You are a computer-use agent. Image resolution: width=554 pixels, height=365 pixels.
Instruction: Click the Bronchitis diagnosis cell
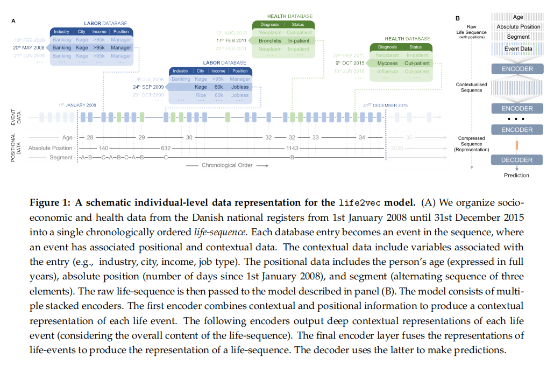[x=270, y=40]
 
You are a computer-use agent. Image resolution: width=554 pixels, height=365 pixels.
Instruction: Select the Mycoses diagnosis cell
[x=387, y=63]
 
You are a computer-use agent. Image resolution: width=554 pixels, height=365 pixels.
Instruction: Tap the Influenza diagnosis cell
[x=387, y=71]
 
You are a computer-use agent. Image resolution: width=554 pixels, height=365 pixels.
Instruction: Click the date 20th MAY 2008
[x=29, y=47]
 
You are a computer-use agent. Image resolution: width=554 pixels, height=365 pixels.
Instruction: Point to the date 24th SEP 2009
[x=148, y=87]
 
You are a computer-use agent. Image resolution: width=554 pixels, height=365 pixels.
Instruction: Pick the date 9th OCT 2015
[x=350, y=63]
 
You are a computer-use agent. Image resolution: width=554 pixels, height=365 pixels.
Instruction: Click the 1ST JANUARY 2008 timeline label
[x=77, y=105]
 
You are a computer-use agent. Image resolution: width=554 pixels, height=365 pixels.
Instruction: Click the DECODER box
[x=516, y=160]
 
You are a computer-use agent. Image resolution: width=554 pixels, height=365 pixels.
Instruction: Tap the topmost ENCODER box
[x=516, y=69]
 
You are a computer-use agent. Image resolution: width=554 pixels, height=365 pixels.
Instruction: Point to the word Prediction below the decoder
[x=516, y=175]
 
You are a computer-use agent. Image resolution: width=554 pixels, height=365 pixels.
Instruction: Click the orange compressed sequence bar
[x=516, y=145]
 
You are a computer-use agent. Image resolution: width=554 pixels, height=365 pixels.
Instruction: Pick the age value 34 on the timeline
[x=362, y=138]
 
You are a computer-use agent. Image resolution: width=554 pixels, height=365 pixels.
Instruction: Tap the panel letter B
[x=458, y=18]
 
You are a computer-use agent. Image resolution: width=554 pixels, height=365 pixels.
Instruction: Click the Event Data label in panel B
[x=519, y=49]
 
